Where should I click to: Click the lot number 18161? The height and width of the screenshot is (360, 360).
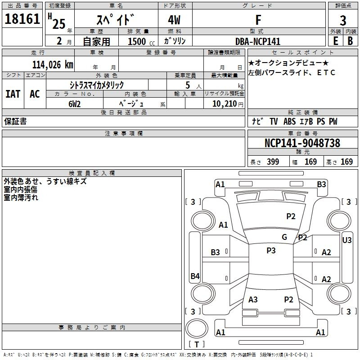22,19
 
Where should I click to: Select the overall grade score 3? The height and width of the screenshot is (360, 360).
343,21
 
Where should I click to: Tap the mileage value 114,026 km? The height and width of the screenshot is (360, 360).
53,65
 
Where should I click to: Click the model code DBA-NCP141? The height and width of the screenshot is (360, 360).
258,41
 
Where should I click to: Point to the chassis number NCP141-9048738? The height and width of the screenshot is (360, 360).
302,143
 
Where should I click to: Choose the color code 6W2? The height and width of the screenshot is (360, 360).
74,104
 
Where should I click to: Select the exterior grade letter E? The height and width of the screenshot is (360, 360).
336,41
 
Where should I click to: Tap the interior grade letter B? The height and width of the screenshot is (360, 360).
350,41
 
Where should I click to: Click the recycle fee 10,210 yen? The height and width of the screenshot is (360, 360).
228,104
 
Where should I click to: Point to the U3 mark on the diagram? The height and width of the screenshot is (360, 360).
346,240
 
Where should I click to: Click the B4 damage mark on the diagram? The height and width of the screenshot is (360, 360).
195,276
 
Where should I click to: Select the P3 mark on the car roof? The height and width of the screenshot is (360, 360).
271,251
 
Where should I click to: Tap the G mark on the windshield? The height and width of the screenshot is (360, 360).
284,237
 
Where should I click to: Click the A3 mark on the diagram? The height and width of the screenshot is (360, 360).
253,299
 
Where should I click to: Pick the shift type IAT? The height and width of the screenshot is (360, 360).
13,94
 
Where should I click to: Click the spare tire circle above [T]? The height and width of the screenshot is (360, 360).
197,328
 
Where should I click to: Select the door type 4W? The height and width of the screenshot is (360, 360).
174,20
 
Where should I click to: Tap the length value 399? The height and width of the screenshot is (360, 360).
273,162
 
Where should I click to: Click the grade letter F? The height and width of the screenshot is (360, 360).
258,20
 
